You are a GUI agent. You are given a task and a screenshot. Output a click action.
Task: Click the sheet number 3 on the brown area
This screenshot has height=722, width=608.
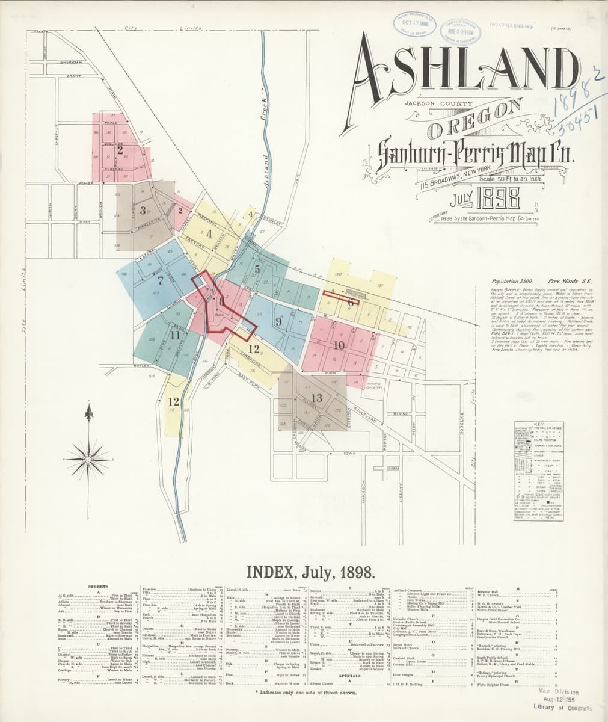[143, 211]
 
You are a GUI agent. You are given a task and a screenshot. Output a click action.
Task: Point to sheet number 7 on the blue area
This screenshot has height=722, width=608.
[160, 280]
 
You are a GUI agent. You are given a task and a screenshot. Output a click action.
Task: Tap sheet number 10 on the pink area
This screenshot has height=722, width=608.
[339, 345]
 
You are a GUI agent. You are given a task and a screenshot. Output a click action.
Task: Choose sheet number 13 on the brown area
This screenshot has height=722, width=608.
[317, 397]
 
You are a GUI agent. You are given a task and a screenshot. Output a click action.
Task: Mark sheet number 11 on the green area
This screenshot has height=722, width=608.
[176, 335]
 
